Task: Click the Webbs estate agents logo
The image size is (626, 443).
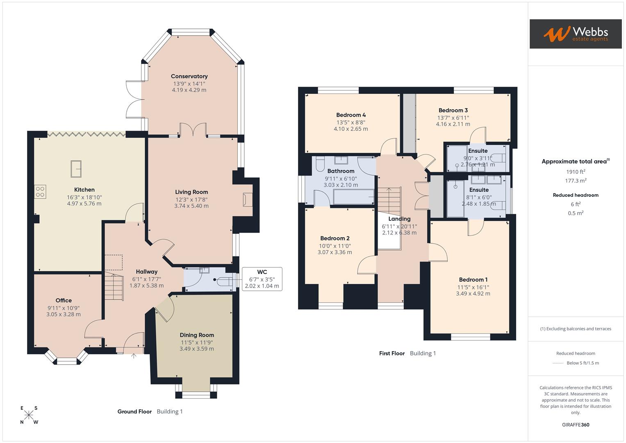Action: (x=575, y=34)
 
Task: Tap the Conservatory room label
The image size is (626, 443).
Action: (x=189, y=76)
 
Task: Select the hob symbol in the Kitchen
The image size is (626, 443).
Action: (x=40, y=192)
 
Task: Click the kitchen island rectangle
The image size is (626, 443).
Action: (x=76, y=169)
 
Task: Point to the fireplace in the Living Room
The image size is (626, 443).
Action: (x=247, y=200)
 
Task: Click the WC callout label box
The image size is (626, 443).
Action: (x=262, y=279)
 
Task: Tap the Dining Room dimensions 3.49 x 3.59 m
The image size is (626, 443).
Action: (x=196, y=349)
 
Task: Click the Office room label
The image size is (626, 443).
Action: (x=64, y=301)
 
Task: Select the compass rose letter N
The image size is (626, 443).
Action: (x=22, y=422)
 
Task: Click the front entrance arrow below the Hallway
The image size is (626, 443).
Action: (x=134, y=356)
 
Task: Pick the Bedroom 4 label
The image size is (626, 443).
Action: (x=351, y=115)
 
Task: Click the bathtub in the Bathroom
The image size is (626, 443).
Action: (x=353, y=197)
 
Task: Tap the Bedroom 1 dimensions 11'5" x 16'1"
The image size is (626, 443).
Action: (x=473, y=287)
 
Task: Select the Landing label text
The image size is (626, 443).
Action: (x=399, y=219)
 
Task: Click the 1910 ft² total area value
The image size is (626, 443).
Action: (x=576, y=172)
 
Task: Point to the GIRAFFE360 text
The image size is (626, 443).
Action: (x=576, y=425)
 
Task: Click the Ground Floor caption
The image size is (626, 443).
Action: (x=134, y=412)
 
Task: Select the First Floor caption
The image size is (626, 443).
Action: (x=392, y=354)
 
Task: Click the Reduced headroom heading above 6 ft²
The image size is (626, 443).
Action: (x=576, y=195)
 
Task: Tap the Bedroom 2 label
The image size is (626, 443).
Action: (x=335, y=238)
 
